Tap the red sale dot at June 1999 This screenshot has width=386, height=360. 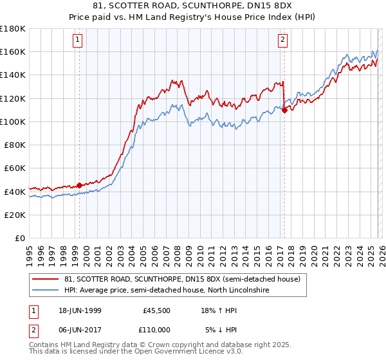[x=79, y=185]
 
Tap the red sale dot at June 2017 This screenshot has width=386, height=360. [x=284, y=110]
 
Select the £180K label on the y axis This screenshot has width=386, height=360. [x=13, y=29]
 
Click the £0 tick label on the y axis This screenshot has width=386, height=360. [x=20, y=238]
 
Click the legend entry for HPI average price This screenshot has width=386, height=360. [x=166, y=291]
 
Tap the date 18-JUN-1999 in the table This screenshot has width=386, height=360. [x=77, y=310]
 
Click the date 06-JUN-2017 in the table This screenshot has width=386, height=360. [x=77, y=330]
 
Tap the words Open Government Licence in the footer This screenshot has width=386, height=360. [x=170, y=352]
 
